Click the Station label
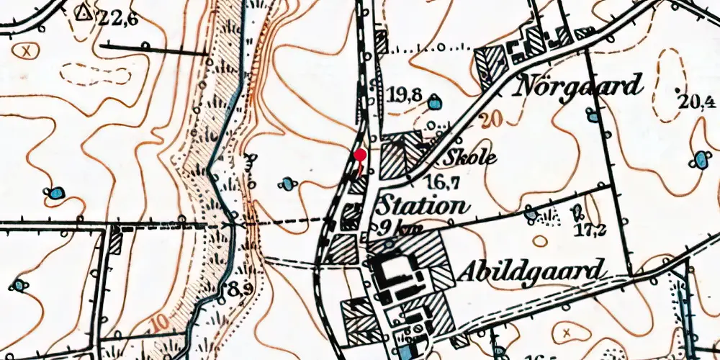422,206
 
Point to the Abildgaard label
528,271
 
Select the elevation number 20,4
696,99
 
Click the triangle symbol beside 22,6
84,12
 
